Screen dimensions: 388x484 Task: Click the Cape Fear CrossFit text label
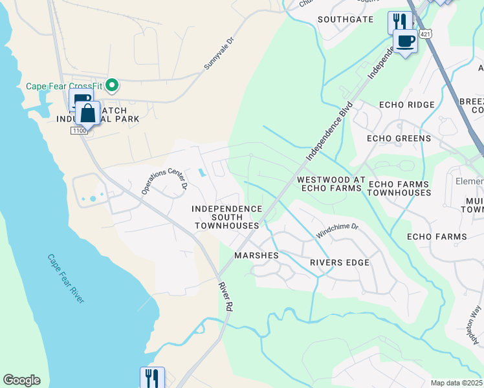65,85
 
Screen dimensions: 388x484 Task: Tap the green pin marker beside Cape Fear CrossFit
113,85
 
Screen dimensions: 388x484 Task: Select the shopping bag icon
87,113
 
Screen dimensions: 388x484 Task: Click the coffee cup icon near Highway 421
406,41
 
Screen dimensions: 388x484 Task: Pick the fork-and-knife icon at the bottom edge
152,378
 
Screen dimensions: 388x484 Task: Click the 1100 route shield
78,131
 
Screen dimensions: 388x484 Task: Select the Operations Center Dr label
164,179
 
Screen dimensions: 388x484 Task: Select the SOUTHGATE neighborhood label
346,19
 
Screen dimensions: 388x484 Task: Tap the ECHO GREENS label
399,138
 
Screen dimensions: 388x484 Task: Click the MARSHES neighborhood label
256,255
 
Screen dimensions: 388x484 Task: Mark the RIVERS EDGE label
339,263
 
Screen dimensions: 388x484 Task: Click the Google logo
21,380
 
